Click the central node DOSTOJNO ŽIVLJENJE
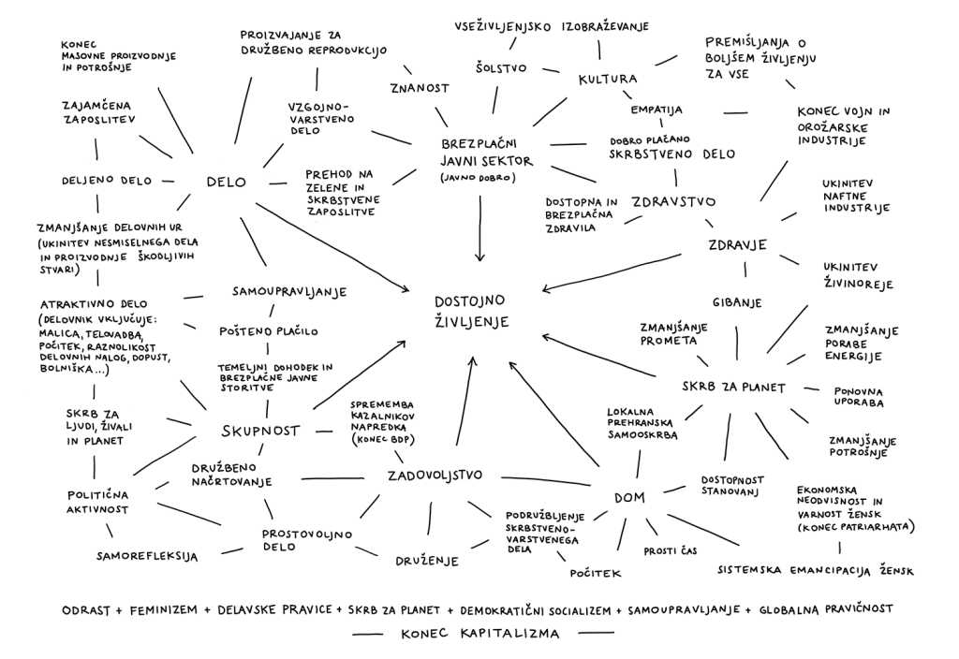point(470,311)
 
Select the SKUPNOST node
point(260,431)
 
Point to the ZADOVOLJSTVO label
point(435,476)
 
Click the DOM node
point(629,497)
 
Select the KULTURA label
point(607,80)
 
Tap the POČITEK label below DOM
point(595,571)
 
